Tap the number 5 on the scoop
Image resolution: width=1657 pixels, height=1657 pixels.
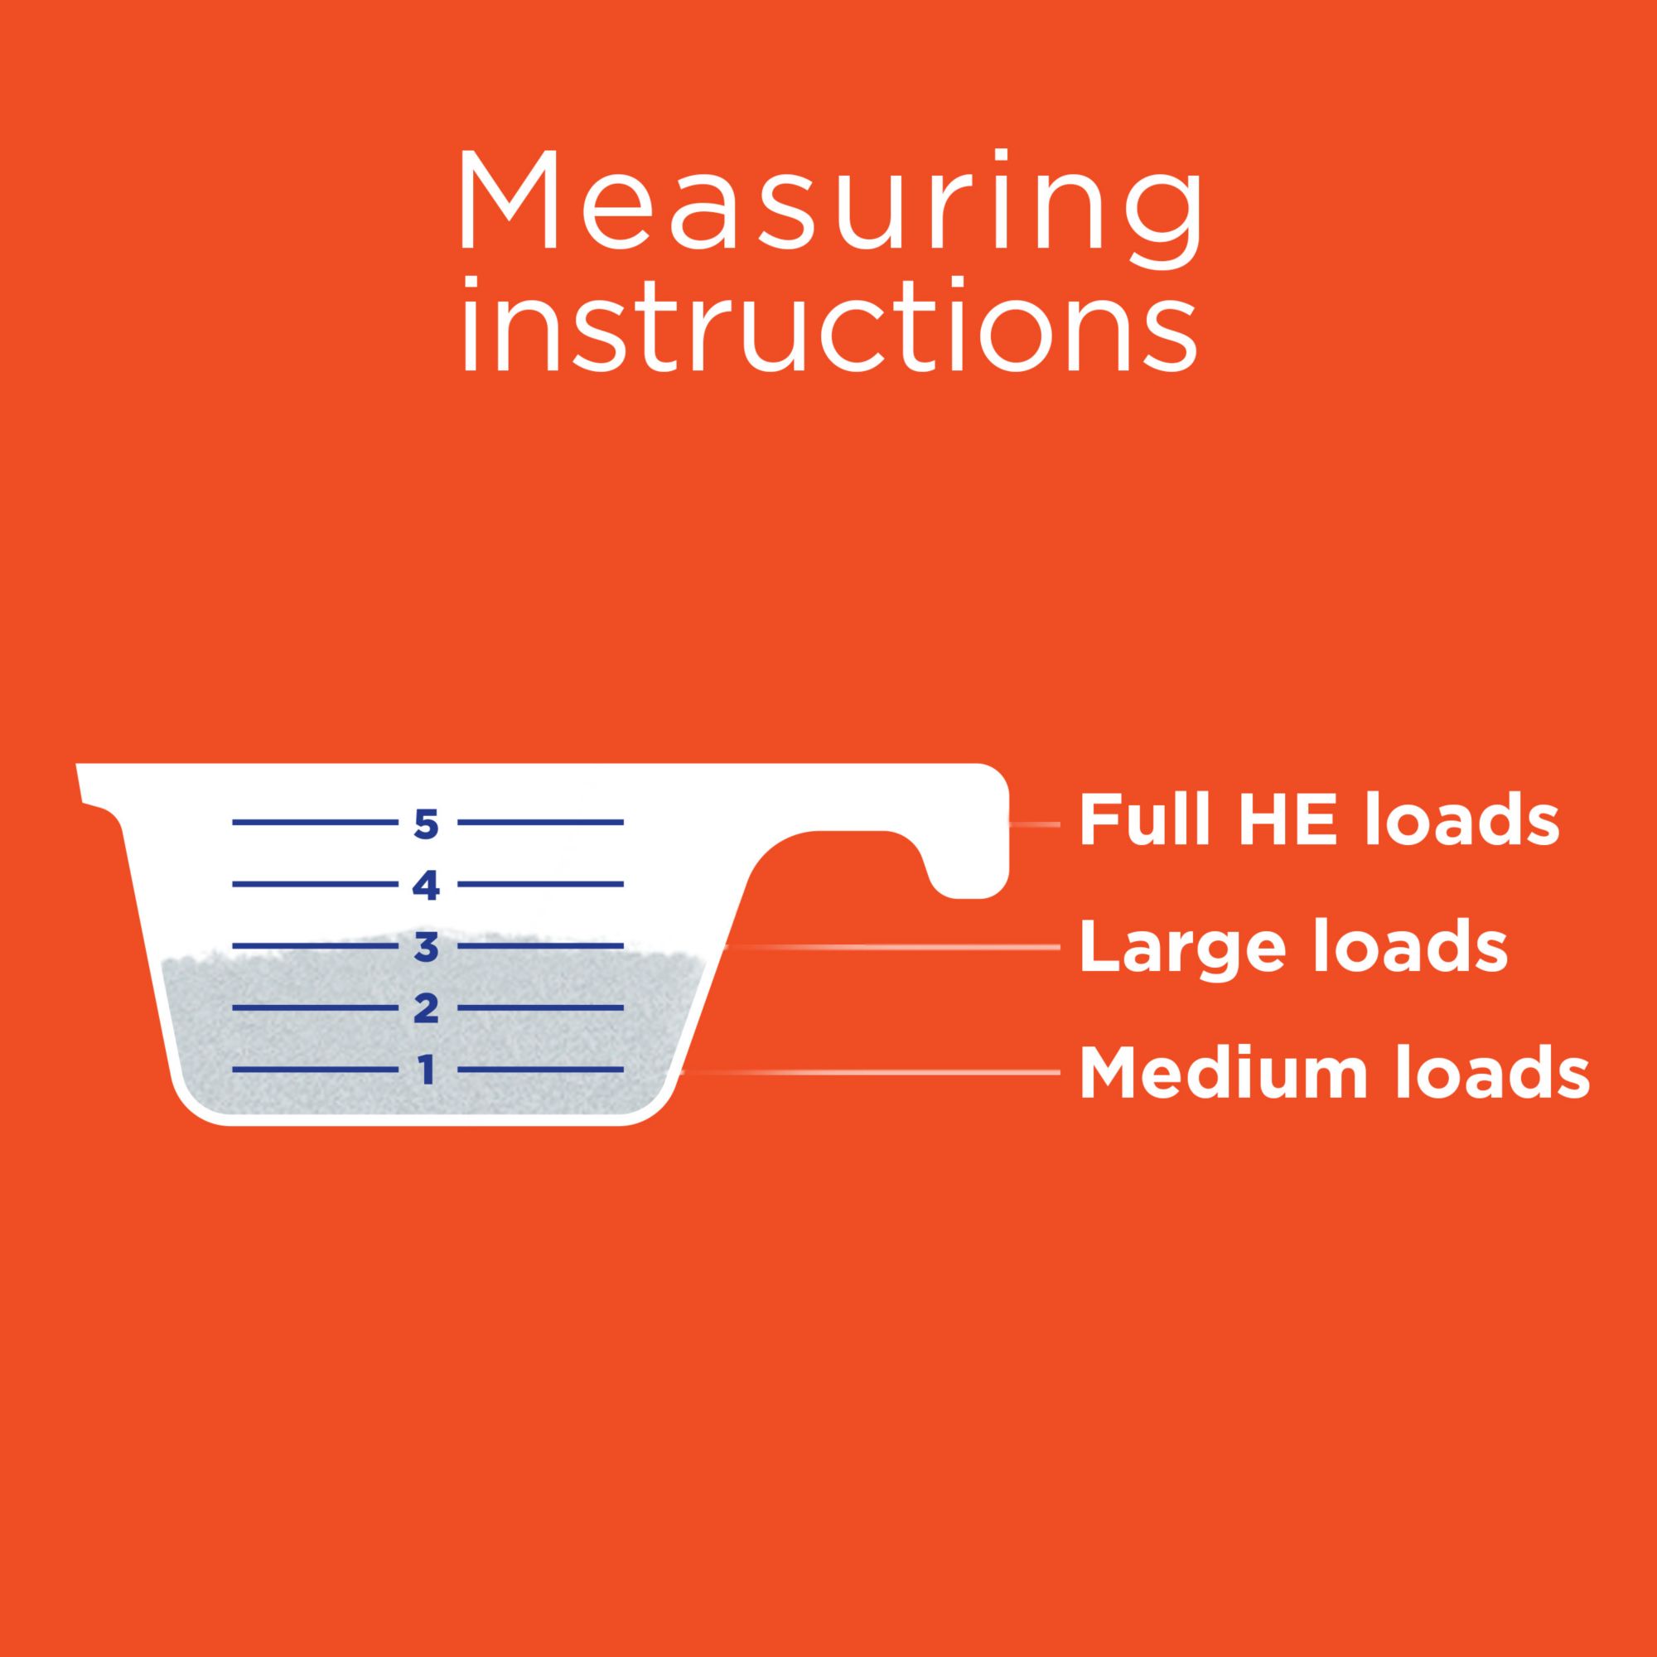tap(425, 824)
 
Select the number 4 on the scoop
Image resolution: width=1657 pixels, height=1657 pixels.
tap(425, 884)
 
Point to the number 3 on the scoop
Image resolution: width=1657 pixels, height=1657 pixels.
tap(425, 947)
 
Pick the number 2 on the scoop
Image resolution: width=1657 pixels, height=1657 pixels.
tap(425, 1007)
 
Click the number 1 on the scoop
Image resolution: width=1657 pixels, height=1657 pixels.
tap(425, 1070)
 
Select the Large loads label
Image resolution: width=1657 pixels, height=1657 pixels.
tap(1293, 947)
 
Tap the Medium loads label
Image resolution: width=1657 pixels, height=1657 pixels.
tap(1335, 1071)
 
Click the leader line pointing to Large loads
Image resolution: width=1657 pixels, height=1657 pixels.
tap(892, 948)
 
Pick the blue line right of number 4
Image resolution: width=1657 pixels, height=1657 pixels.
tap(540, 884)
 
